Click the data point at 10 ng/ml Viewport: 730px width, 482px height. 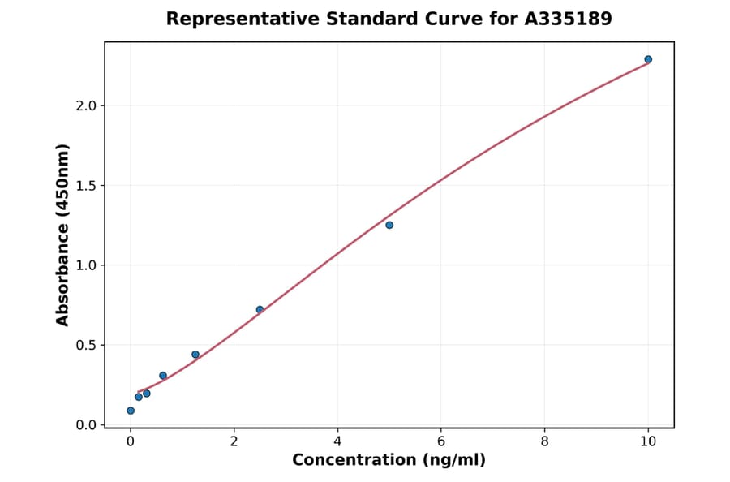[x=648, y=59]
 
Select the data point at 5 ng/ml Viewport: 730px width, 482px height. [x=389, y=225]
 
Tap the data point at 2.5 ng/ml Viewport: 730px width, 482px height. [x=260, y=309]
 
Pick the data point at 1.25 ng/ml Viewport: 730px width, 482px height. [x=195, y=355]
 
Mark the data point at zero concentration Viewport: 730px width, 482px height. [x=131, y=411]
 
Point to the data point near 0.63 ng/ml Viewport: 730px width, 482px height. [x=163, y=376]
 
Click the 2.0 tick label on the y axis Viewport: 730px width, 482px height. [x=85, y=105]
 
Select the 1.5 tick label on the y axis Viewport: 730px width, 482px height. [x=85, y=186]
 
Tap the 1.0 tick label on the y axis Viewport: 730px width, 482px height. [x=85, y=265]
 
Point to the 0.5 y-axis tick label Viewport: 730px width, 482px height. [x=85, y=345]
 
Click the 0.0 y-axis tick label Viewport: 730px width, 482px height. [x=85, y=425]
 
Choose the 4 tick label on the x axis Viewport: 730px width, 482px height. [x=337, y=441]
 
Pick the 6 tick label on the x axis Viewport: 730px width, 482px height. [x=441, y=441]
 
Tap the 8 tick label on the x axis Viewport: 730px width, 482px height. [x=544, y=441]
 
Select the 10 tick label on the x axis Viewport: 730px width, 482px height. [x=648, y=441]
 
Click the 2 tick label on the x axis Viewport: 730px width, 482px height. [x=234, y=441]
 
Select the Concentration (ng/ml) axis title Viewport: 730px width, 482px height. [x=389, y=461]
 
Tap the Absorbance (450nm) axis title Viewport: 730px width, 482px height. [x=62, y=235]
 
